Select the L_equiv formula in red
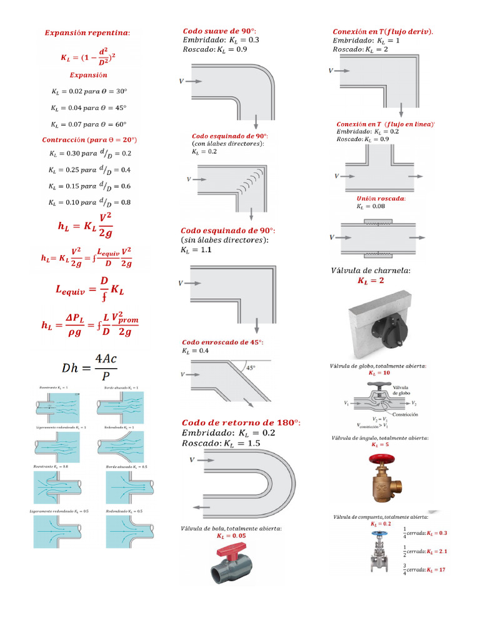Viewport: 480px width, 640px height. point(90,289)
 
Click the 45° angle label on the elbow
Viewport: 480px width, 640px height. point(251,368)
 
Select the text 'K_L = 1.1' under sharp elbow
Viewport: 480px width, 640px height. point(196,250)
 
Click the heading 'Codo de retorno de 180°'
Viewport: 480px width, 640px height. point(241,422)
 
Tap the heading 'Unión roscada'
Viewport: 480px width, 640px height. point(381,198)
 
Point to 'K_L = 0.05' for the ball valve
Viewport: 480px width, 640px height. point(231,536)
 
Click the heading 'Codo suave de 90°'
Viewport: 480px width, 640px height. point(219,31)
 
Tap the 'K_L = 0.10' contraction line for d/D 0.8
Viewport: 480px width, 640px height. point(89,202)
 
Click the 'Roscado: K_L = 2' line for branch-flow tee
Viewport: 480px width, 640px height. point(360,49)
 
